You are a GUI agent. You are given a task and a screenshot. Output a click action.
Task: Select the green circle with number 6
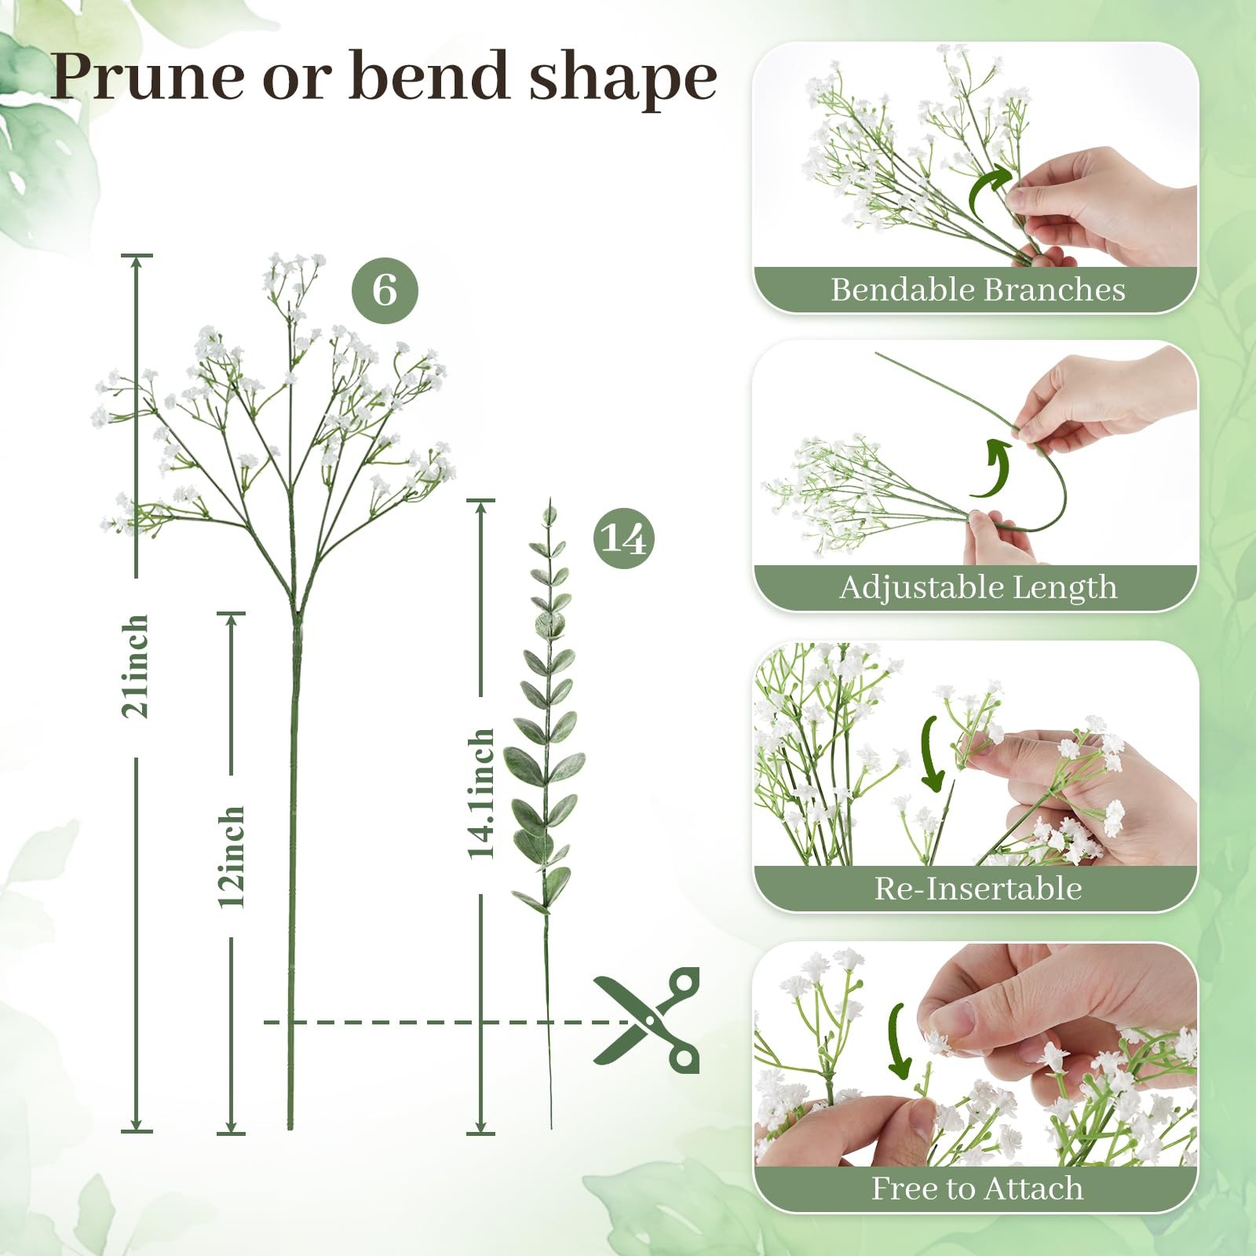pos(385,290)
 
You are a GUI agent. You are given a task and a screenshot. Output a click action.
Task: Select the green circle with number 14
pos(624,539)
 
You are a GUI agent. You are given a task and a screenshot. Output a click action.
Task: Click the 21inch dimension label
pos(135,667)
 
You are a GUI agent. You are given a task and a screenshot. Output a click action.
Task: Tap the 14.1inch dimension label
pos(481,794)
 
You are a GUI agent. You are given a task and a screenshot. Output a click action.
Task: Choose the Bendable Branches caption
pos(978,290)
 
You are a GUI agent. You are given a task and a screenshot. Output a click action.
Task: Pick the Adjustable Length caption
pos(978,587)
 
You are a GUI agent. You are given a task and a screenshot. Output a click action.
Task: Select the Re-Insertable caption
pos(978,889)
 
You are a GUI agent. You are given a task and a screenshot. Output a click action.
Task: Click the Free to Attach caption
pos(977,1188)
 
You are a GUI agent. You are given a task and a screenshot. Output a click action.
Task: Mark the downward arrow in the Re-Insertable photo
pos(929,754)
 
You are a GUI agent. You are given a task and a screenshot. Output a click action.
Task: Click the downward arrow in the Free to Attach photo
pos(896,1042)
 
